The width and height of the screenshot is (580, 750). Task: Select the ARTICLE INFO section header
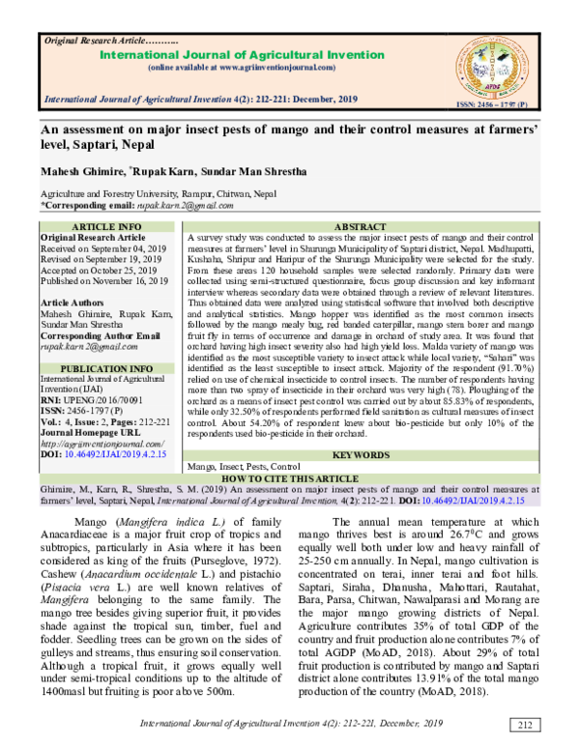point(107,225)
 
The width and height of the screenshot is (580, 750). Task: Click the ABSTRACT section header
point(360,225)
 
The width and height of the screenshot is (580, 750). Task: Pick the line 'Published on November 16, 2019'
point(103,280)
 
